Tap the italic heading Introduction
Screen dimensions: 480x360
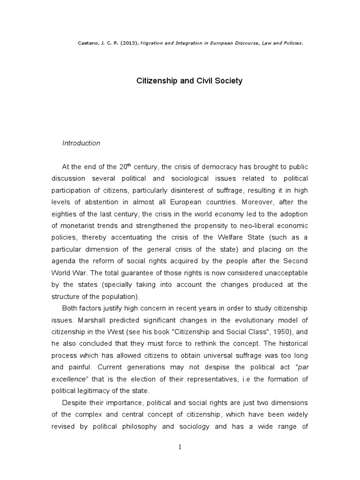[81, 143]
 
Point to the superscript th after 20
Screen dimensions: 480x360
[130, 165]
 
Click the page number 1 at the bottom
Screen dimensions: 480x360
[180, 447]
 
